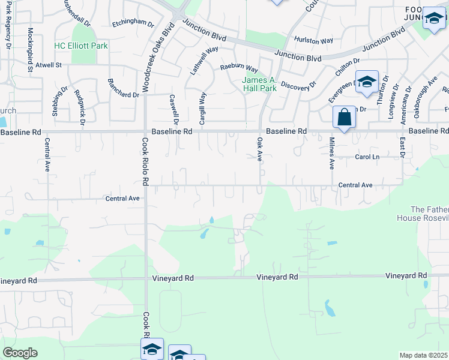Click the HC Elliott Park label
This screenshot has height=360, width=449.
click(x=81, y=46)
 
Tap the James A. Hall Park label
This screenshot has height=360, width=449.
click(x=260, y=84)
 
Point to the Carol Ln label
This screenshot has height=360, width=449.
click(x=367, y=157)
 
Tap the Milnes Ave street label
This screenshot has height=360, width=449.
click(x=331, y=153)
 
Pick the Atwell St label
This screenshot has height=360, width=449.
click(x=49, y=65)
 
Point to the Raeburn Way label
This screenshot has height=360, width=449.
click(x=238, y=69)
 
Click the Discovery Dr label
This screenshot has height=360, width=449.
click(x=298, y=85)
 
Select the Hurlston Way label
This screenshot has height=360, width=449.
click(x=313, y=41)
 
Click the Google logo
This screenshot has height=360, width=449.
click(x=20, y=353)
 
